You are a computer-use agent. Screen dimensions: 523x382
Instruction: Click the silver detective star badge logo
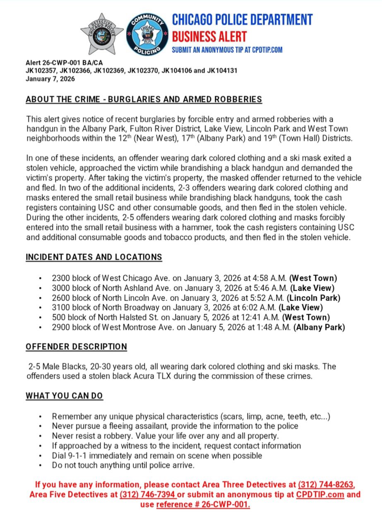pos(102,34)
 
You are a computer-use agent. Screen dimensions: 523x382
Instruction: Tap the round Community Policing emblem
pos(147,34)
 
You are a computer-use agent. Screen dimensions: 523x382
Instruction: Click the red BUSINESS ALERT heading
pos(209,36)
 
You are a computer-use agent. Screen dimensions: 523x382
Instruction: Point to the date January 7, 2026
pos(50,79)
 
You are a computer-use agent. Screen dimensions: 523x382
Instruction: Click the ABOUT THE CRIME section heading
pos(144,99)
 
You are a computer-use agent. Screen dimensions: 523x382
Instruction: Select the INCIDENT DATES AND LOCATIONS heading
pos(94,257)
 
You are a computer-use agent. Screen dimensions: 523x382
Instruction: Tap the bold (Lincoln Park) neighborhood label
pos(315,298)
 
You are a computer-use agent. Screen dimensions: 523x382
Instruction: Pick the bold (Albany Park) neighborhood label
pos(319,327)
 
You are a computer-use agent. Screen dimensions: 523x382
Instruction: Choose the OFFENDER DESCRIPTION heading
pos(76,346)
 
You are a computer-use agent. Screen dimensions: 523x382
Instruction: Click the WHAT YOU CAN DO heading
pos(64,396)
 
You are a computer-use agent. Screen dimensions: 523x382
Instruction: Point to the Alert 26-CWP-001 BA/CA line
pos(64,63)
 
